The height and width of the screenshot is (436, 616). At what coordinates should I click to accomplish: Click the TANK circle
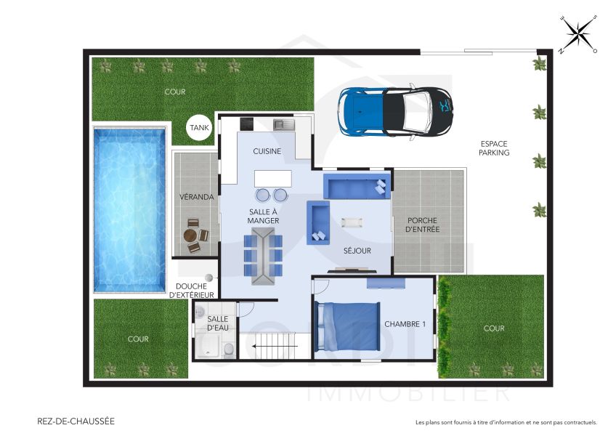coord(199,129)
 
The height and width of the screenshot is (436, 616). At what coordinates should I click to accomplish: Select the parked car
coord(396,111)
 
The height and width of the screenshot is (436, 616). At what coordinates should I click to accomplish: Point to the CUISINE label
coord(267,151)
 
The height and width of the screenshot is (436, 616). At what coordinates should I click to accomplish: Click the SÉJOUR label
coord(357,251)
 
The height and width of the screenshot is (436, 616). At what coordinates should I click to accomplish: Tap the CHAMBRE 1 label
coord(405,324)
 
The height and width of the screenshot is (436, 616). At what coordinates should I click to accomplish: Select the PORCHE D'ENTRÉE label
coord(423,225)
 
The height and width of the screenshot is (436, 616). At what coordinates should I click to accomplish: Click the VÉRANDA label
coord(197,197)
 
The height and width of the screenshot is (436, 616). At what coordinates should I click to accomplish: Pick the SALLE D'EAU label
coord(218,323)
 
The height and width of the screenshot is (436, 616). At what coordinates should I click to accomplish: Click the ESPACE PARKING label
coord(495,148)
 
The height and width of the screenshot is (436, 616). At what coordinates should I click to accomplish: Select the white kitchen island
coord(272,179)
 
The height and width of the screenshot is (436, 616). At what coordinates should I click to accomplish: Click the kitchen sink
coord(283,125)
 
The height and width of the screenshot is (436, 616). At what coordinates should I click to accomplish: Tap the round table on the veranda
coord(191,235)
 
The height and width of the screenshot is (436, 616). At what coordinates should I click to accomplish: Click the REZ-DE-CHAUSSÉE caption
coord(76,421)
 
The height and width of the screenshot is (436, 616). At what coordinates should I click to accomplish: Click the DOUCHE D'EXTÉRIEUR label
coord(192,291)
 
